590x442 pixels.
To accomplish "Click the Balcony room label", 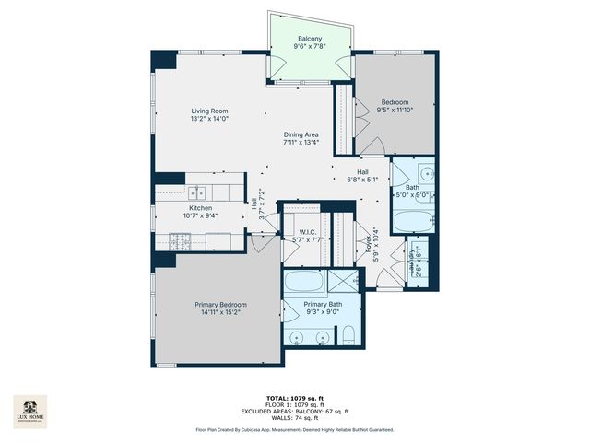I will point(309,38).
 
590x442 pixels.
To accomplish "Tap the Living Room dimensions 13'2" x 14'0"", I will point(208,119).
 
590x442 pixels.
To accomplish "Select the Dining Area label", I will point(301,134).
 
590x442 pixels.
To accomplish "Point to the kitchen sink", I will point(197,193).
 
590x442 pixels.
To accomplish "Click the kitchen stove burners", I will point(180,241).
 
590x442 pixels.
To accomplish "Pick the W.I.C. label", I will point(309,232).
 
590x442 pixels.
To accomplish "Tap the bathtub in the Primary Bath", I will point(302,282).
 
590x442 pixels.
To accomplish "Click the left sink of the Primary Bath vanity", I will point(298,338).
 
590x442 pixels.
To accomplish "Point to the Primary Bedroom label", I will point(220,305).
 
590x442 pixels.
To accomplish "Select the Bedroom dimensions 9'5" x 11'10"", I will point(395,110).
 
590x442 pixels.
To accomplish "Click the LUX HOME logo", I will point(31,412).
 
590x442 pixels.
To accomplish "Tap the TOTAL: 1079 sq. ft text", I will point(295,398).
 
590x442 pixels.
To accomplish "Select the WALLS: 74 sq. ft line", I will point(295,417).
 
